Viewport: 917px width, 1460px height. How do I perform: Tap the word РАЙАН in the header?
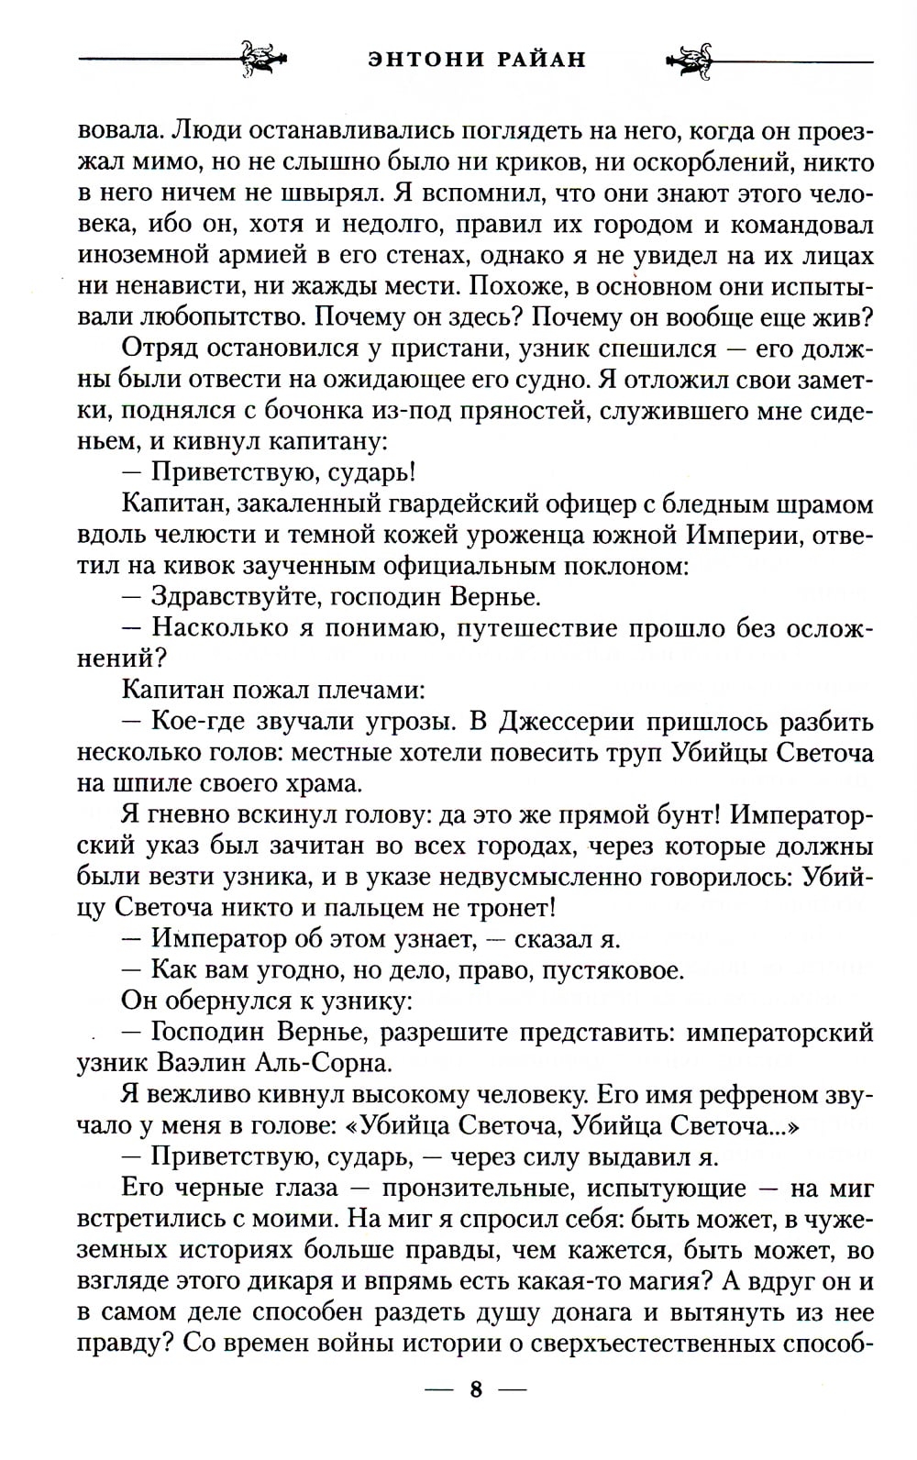click(536, 59)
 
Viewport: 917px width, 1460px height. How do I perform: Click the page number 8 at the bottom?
click(476, 1415)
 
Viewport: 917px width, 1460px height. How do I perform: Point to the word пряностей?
click(492, 412)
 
